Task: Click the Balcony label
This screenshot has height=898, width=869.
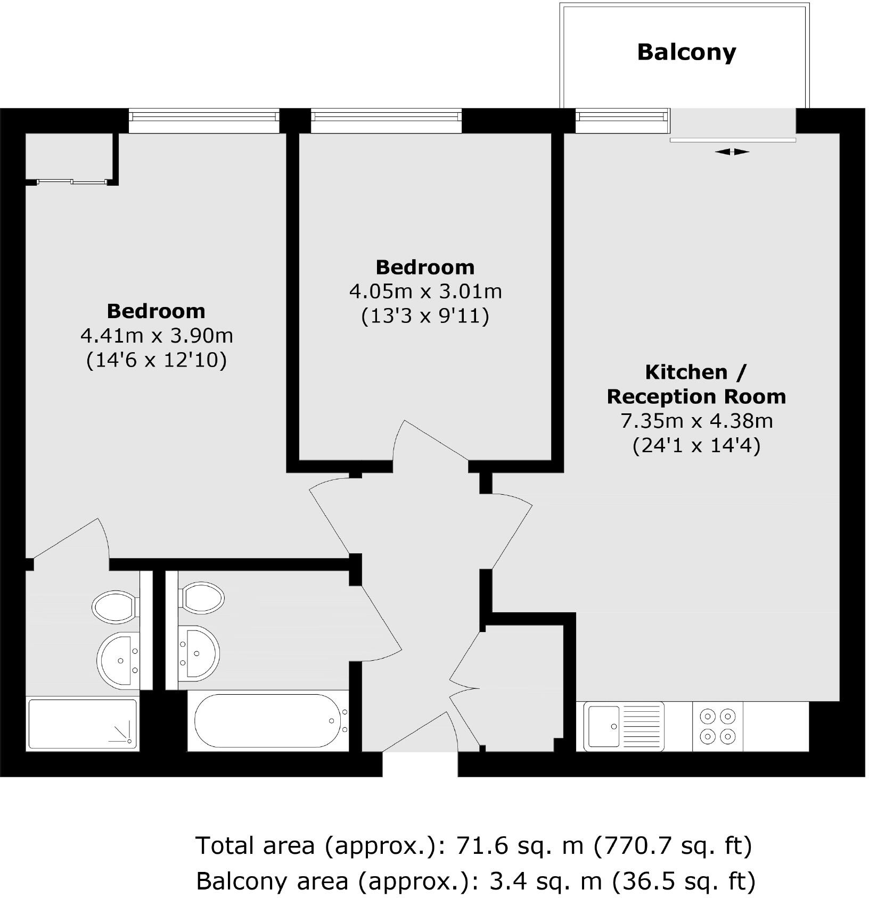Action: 686,52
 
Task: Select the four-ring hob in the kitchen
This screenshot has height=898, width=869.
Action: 717,726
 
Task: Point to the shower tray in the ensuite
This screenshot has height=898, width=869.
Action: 83,724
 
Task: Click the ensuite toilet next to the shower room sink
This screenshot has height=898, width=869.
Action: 115,606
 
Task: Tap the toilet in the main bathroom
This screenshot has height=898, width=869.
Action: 202,597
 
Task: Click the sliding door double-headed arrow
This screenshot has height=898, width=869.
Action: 732,152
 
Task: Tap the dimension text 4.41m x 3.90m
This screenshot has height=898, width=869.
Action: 157,336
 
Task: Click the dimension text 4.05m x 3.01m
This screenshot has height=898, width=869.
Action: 425,292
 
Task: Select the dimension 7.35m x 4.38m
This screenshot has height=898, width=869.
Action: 696,421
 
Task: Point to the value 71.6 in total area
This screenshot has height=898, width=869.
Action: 477,845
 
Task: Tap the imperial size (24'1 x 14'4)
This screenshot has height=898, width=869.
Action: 696,445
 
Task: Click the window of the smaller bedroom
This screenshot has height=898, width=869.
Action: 386,121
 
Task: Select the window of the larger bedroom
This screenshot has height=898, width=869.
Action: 204,121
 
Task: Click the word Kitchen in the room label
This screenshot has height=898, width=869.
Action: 686,372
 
